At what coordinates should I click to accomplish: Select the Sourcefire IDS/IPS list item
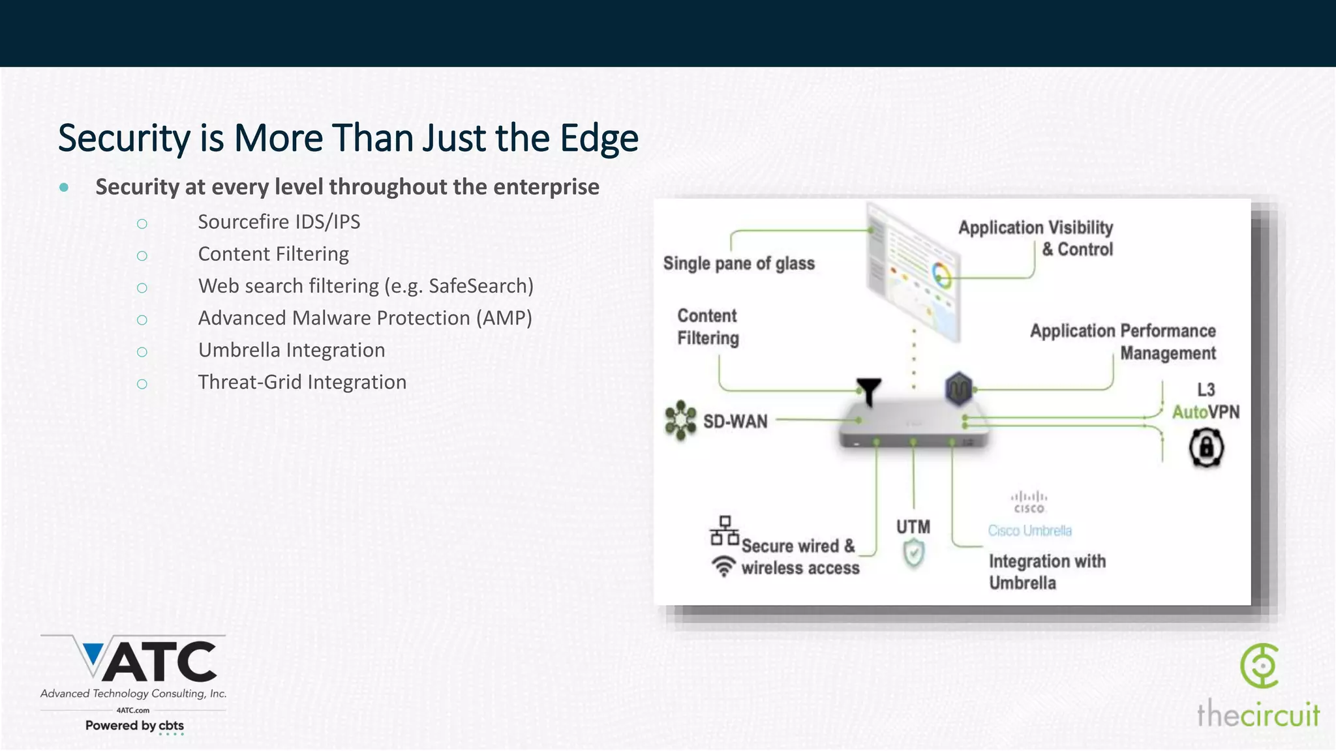[x=279, y=222]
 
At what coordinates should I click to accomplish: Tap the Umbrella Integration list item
[x=291, y=350]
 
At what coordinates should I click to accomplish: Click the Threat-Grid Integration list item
[x=302, y=382]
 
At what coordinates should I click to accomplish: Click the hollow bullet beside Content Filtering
[x=142, y=256]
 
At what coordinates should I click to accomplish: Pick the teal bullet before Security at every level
[x=64, y=188]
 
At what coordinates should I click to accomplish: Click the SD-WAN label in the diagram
[x=735, y=421]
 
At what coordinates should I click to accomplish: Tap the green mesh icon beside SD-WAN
[x=680, y=420]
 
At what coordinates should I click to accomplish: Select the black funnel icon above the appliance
[x=869, y=390]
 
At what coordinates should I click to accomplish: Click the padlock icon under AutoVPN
[x=1206, y=448]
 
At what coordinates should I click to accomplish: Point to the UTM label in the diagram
[x=913, y=527]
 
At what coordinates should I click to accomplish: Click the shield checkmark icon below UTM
[x=913, y=555]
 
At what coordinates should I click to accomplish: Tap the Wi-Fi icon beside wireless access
[x=723, y=566]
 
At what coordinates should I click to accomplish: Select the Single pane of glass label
[x=738, y=263]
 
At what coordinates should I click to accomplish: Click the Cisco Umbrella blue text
[x=1029, y=531]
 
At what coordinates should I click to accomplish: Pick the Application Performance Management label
[x=1123, y=342]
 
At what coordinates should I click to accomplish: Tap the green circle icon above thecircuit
[x=1260, y=666]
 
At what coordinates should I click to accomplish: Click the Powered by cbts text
[x=134, y=726]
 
